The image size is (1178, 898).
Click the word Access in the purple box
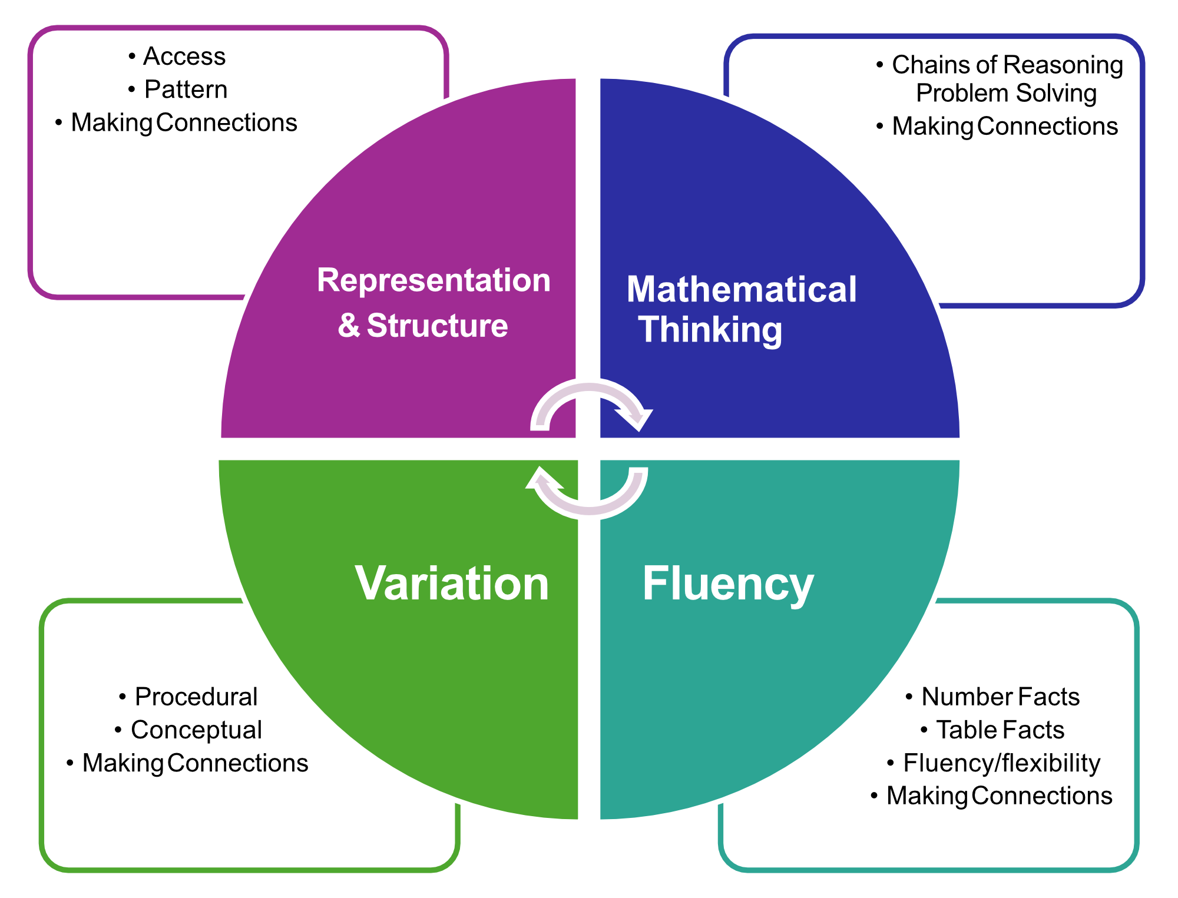click(x=184, y=57)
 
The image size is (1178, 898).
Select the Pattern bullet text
click(x=186, y=90)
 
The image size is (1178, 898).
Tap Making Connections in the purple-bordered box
click(x=184, y=122)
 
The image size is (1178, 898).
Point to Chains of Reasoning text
click(x=1007, y=65)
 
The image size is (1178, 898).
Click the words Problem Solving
click(x=1006, y=93)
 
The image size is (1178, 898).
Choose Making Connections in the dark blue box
click(x=1005, y=126)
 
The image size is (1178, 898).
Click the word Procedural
click(x=196, y=697)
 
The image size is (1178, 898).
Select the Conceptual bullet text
click(x=196, y=730)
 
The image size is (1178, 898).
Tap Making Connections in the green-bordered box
click(x=195, y=763)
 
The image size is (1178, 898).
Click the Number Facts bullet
click(x=1000, y=697)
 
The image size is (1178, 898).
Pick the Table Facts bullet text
click(x=1000, y=730)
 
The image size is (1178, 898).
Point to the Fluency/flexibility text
click(x=1001, y=763)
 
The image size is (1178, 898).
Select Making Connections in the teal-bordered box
click(x=999, y=796)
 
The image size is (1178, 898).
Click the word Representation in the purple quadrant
click(x=434, y=280)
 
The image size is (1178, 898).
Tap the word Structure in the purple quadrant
click(x=437, y=326)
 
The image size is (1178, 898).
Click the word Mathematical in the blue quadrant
click(x=741, y=290)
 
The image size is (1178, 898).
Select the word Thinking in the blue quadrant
click(x=710, y=329)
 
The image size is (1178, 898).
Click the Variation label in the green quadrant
click(x=452, y=584)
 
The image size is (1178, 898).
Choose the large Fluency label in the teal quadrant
click(x=728, y=584)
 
